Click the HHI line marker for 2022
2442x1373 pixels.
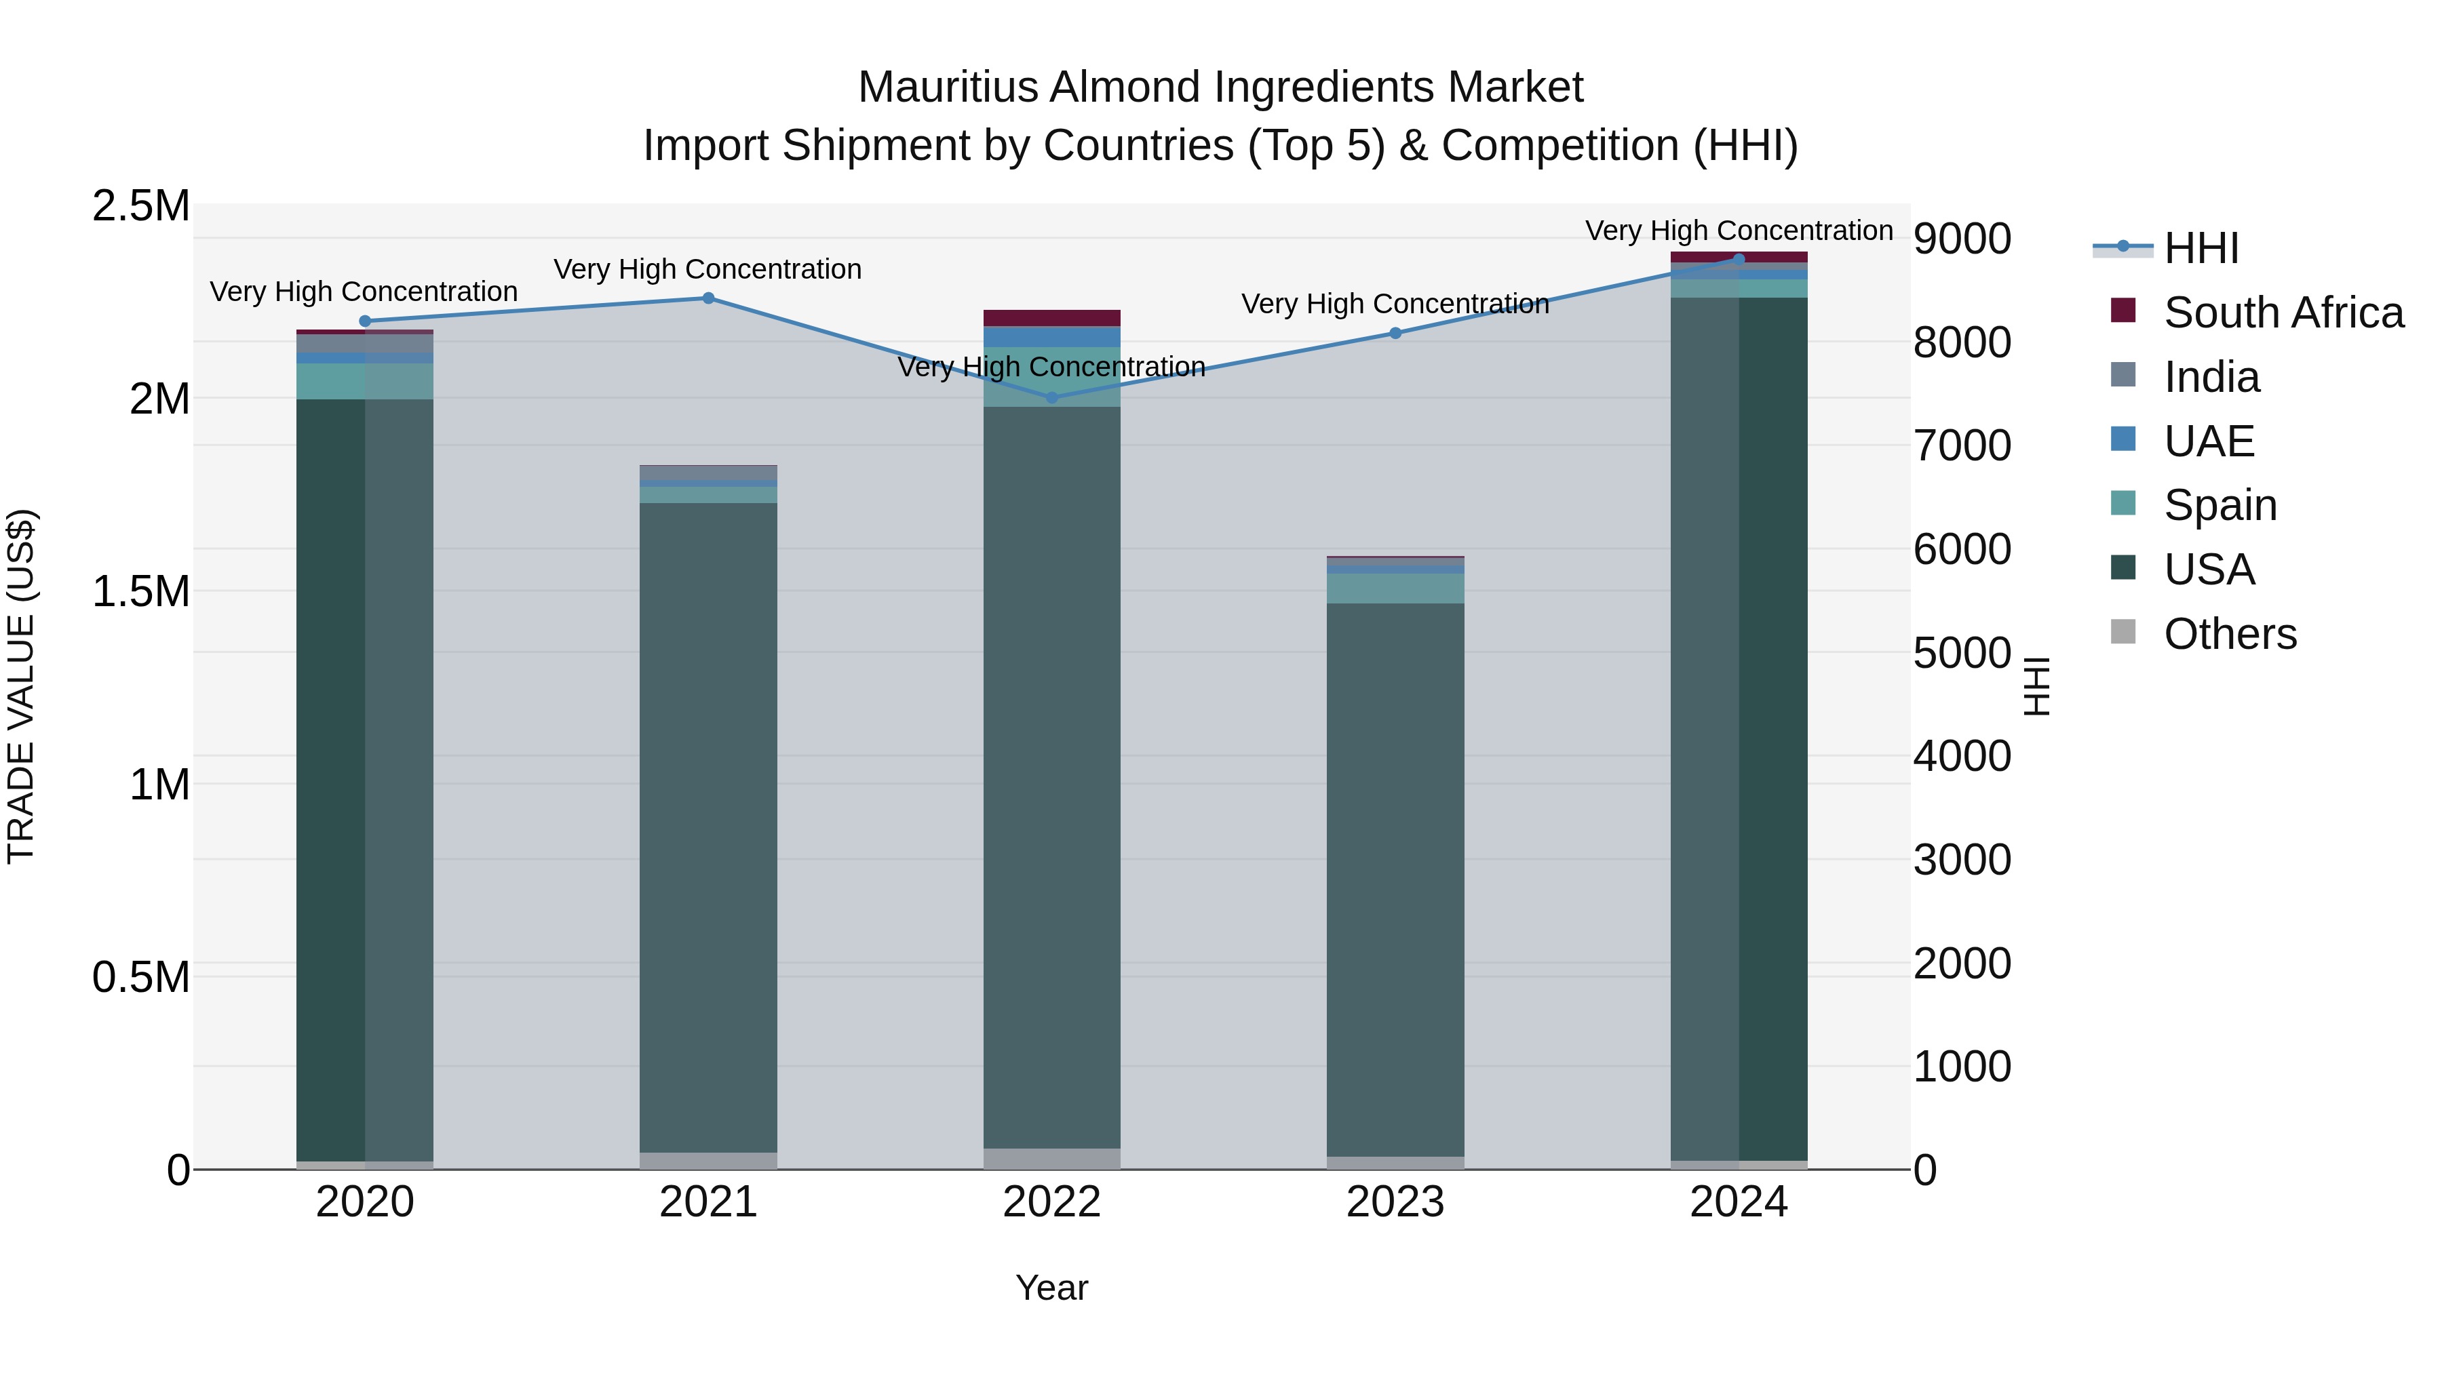[1051, 398]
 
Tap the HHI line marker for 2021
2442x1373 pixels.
[708, 298]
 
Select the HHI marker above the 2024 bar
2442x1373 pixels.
[1739, 259]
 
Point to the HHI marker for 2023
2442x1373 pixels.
[1395, 334]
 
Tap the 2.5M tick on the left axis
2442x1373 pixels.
[141, 207]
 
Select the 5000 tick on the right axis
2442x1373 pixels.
[1961, 653]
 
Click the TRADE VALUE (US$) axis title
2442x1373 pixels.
[22, 687]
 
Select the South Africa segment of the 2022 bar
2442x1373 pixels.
[1051, 319]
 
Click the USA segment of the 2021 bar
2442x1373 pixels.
[708, 824]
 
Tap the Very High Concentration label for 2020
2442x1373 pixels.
[364, 292]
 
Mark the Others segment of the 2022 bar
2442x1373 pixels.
[1051, 1159]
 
